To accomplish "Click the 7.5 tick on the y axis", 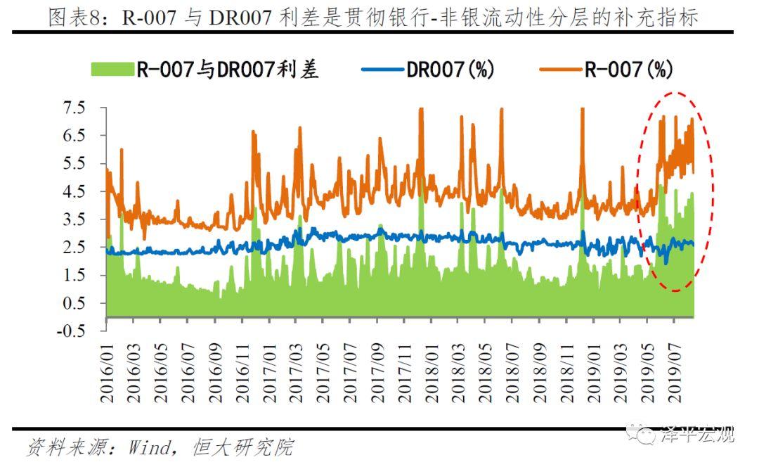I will click(74, 108).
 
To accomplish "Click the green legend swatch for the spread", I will click(112, 69).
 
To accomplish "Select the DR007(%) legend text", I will click(450, 69).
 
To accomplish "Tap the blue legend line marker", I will click(383, 69).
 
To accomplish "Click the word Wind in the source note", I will click(149, 447).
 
